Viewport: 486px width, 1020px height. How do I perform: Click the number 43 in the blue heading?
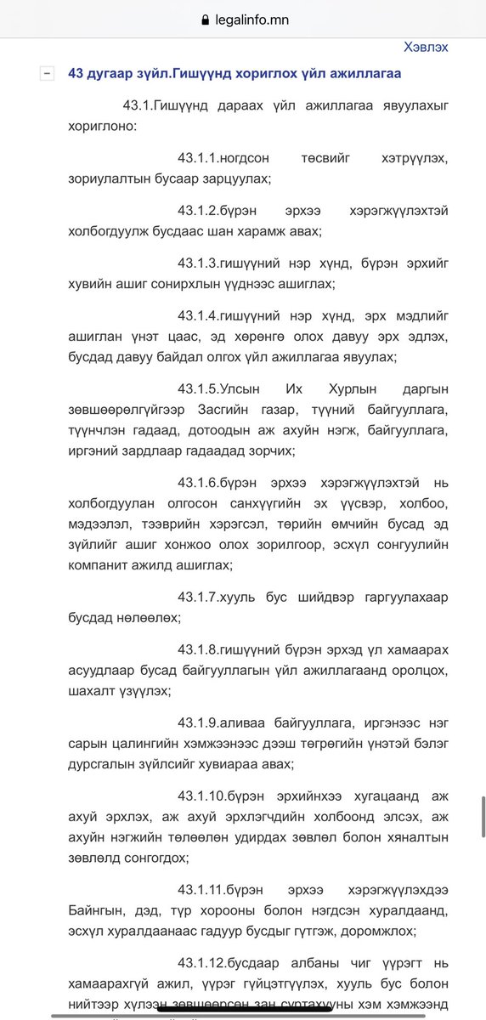[76, 73]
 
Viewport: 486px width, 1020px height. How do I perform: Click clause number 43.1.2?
[199, 210]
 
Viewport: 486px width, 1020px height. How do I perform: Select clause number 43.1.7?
[199, 598]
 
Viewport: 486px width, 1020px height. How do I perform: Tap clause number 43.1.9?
[199, 720]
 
